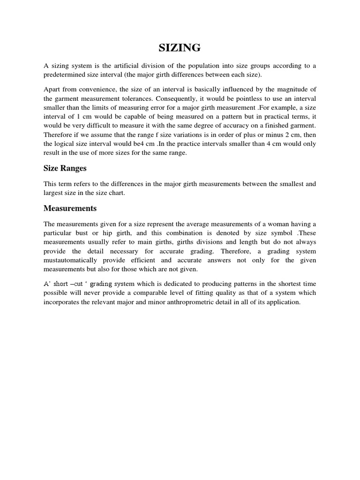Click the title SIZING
(x=180, y=47)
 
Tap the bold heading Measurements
(x=70, y=208)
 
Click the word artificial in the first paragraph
(x=128, y=66)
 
